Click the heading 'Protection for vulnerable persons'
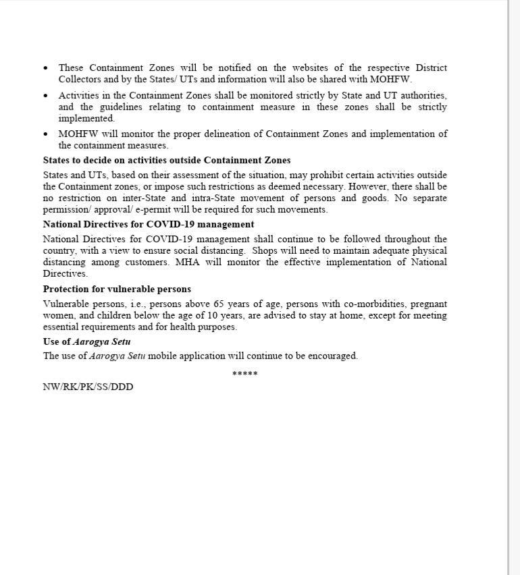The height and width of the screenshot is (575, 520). coord(117,289)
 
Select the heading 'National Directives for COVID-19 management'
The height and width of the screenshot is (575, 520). coord(149,224)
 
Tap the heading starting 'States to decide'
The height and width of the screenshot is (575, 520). coord(167,160)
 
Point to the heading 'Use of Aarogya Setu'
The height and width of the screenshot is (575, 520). coord(86,341)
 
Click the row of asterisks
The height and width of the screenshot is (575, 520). coord(244,374)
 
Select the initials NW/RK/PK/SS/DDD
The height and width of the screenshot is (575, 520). coord(88,387)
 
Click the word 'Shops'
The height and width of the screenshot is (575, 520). coord(265,250)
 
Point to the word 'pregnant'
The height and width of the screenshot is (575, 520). coord(428,304)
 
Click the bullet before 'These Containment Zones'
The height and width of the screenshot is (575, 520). coord(46,68)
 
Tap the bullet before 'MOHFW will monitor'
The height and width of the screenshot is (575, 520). coord(46,134)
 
